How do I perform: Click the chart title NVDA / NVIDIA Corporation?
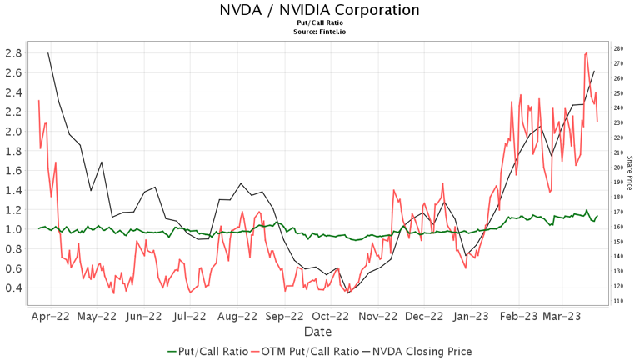(319, 11)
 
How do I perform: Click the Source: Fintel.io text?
(319, 32)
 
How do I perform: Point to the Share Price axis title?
(630, 172)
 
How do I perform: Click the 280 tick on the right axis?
(618, 49)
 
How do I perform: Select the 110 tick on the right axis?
(618, 301)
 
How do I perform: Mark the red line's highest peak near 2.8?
(587, 52)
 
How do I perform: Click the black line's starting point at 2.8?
(47, 52)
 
